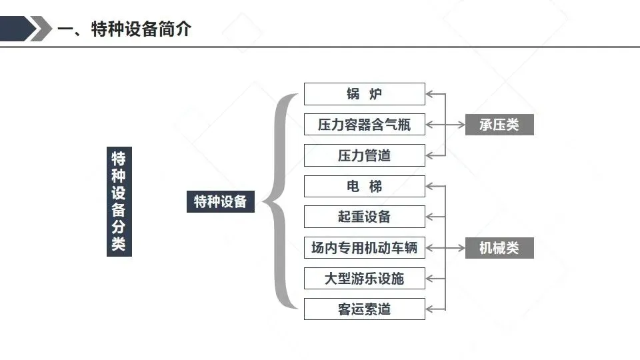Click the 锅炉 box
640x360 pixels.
point(365,94)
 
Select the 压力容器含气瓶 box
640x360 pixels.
point(365,125)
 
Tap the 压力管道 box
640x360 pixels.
point(365,155)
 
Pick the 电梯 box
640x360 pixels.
point(365,186)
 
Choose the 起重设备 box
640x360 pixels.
point(365,217)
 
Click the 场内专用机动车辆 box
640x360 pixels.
point(365,248)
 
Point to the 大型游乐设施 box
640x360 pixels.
point(365,279)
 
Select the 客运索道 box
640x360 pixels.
point(365,309)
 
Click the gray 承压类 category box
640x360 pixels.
point(499,125)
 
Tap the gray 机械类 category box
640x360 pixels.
point(499,248)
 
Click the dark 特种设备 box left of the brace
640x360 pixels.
point(221,201)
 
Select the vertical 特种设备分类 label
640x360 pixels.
point(119,201)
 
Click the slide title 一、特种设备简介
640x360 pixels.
point(125,29)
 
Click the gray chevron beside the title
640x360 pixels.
point(41,29)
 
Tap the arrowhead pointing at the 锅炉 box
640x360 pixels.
point(429,94)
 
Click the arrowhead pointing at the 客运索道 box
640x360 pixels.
point(429,309)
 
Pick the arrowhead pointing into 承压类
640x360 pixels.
point(461,125)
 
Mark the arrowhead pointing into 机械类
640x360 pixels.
point(461,248)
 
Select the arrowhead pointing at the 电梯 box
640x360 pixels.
point(429,186)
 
